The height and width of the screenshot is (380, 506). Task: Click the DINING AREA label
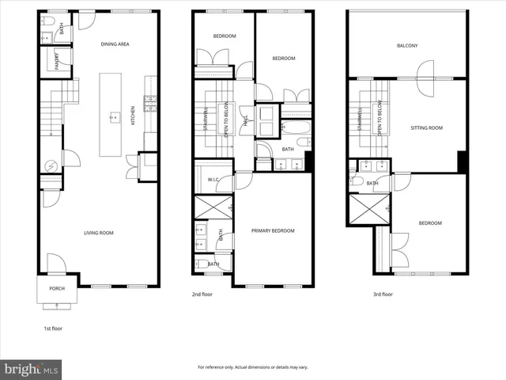[115, 44]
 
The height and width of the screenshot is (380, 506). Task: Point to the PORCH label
[57, 288]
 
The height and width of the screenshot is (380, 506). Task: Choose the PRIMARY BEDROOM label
[273, 230]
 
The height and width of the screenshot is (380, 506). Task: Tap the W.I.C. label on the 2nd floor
[213, 180]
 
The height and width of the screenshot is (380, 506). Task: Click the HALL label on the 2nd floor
[246, 120]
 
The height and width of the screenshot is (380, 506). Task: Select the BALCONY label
[407, 45]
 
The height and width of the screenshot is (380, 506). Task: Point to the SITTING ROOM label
[426, 127]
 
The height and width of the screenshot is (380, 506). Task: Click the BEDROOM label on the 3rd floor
[430, 223]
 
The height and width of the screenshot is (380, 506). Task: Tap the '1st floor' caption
[54, 327]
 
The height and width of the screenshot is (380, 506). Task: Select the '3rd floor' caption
[382, 294]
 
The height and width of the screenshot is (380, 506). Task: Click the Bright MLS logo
[32, 369]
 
